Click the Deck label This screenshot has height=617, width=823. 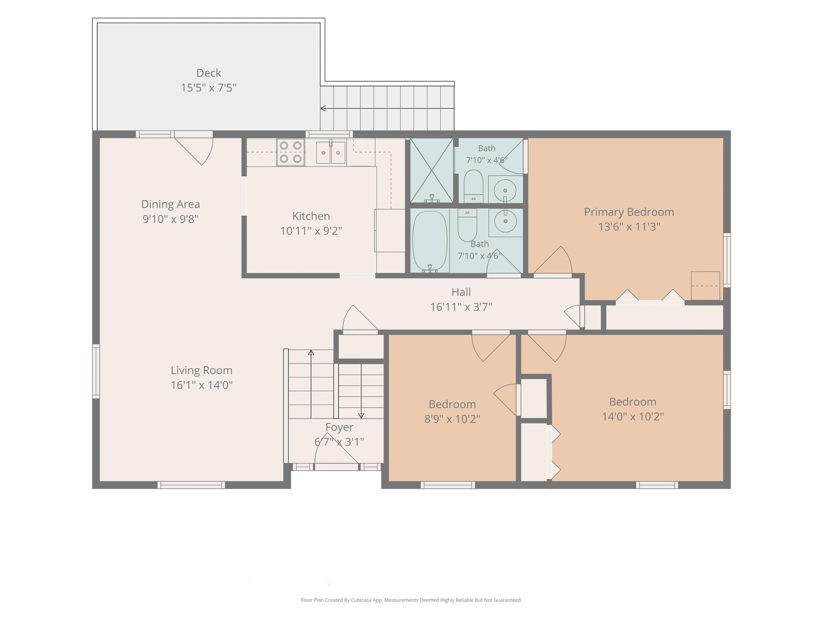tap(208, 73)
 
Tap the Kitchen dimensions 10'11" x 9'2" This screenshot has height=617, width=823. tap(311, 231)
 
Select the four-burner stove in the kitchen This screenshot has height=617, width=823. tap(291, 152)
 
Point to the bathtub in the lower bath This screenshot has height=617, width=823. tap(430, 241)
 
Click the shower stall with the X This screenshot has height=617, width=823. tap(431, 170)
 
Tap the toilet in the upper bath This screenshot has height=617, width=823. tap(473, 186)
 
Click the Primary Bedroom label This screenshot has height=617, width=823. tap(629, 212)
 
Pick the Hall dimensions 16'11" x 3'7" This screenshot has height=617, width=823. tap(461, 307)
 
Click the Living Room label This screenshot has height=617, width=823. tap(202, 371)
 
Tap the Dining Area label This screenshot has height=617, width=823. tap(170, 204)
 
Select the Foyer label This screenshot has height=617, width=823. tap(339, 427)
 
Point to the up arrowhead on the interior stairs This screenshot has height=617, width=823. tap(311, 352)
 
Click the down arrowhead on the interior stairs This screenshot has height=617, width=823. tap(361, 416)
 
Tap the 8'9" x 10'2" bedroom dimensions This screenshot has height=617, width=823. tap(452, 419)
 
